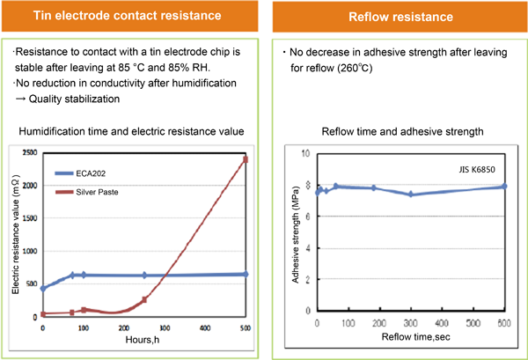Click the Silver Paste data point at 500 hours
tap(246, 159)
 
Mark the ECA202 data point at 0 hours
tap(42, 288)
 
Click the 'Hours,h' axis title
tap(143, 338)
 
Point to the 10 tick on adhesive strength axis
tap(308, 153)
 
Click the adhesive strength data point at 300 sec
tap(411, 194)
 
